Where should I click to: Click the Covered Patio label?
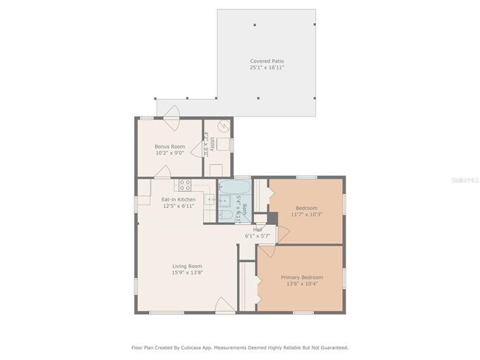pos(267,61)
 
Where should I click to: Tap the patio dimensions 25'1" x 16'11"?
pos(267,68)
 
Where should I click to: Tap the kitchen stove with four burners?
pos(185,185)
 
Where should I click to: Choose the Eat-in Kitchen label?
pos(179,200)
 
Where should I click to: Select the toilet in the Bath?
pos(225,215)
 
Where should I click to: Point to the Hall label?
pos(258,229)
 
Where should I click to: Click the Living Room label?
pos(188,266)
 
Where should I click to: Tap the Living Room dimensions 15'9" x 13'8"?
pos(188,273)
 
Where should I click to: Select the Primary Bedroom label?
pos(301,277)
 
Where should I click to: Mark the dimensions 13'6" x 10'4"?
pos(301,284)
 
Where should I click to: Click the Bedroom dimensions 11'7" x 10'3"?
pos(306,214)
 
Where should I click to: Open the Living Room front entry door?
pos(224,305)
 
